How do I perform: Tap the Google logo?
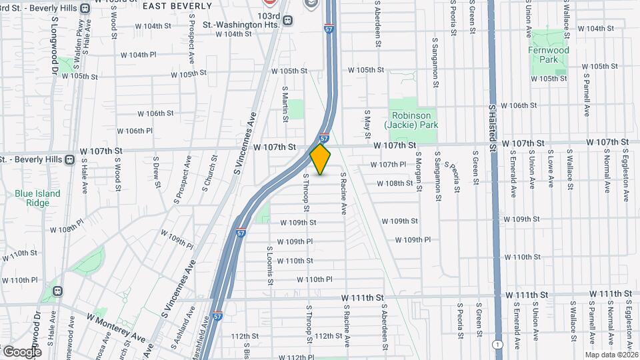pyautogui.click(x=22, y=351)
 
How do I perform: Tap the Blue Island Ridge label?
pyautogui.click(x=37, y=199)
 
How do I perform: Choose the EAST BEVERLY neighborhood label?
pyautogui.click(x=172, y=5)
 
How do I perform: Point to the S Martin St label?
pyautogui.click(x=285, y=104)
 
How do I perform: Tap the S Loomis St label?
pyautogui.click(x=270, y=265)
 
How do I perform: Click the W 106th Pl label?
pyautogui.click(x=130, y=131)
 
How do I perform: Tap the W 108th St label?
pyautogui.click(x=400, y=183)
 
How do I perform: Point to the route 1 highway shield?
pyautogui.click(x=497, y=345)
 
